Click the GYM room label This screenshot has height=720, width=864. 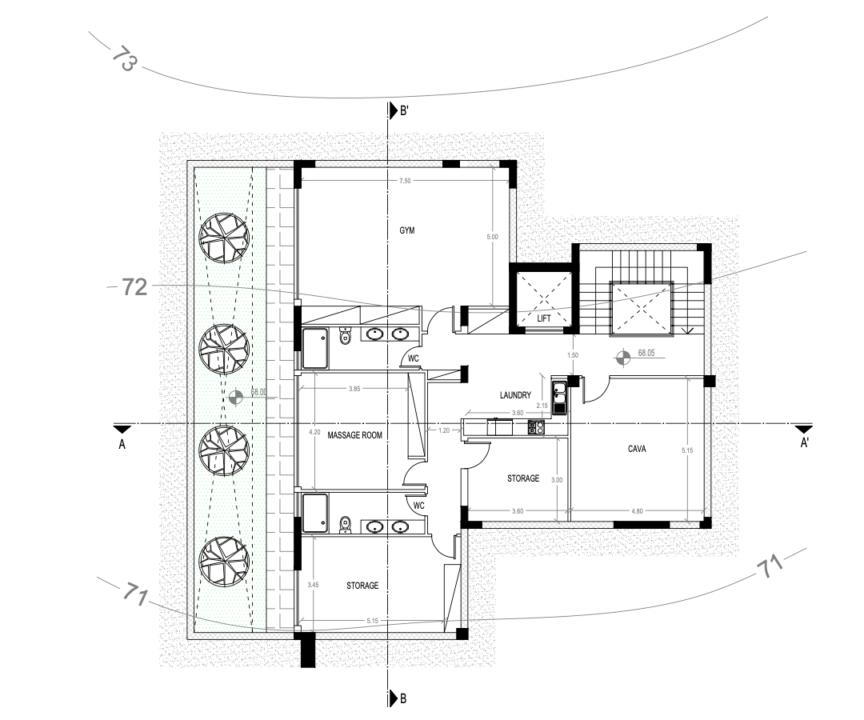tap(407, 230)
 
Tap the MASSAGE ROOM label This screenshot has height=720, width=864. tap(355, 435)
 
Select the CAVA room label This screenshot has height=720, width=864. tap(637, 449)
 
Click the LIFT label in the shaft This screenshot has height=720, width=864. tap(544, 318)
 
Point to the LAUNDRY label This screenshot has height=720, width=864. tap(516, 395)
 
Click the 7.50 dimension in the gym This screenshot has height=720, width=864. tap(405, 181)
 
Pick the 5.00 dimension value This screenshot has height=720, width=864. tap(492, 237)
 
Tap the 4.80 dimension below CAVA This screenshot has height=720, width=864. tap(637, 511)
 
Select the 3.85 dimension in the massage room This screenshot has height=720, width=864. tap(354, 389)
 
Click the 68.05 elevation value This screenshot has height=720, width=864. tap(646, 353)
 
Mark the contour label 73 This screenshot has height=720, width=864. tap(124, 58)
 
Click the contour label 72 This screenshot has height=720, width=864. tap(134, 287)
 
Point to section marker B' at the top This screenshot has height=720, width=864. tap(398, 110)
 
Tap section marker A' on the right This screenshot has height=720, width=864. tap(805, 435)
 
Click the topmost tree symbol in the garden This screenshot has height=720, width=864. tap(224, 238)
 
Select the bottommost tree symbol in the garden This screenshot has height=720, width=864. tap(224, 562)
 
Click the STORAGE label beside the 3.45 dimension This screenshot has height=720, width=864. tap(362, 586)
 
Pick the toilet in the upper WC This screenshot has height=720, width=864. tap(346, 335)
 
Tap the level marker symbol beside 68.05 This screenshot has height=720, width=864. tap(622, 358)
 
